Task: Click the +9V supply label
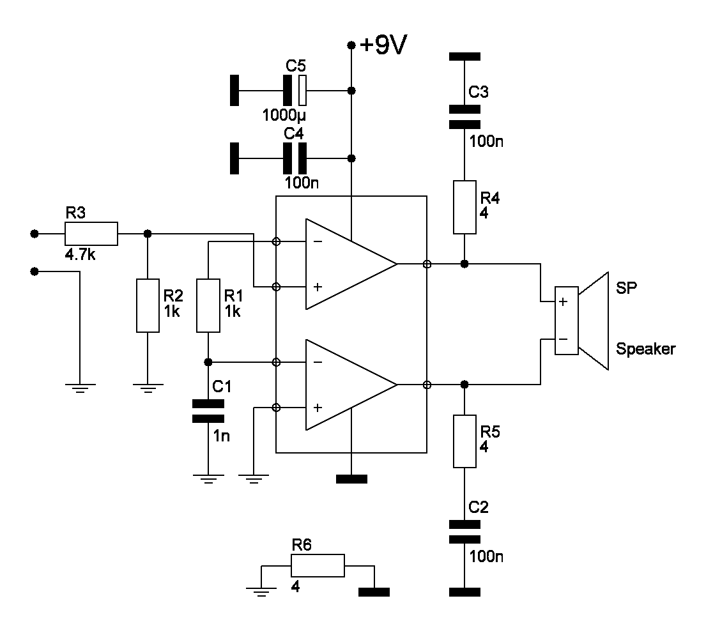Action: (383, 45)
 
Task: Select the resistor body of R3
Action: (91, 234)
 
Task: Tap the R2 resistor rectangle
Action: (148, 305)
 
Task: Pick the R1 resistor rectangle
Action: (208, 305)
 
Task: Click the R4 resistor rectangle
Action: (464, 208)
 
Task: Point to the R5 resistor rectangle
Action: (464, 441)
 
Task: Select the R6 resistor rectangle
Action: (318, 565)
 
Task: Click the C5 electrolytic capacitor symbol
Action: (295, 91)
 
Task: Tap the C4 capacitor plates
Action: (295, 158)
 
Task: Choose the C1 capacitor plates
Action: (208, 411)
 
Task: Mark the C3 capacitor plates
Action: (464, 116)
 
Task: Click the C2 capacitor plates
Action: (464, 531)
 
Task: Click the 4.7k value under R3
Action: (80, 255)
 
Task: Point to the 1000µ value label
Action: (284, 115)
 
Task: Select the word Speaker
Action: (646, 349)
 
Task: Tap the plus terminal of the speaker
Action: (563, 302)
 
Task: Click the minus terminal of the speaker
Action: (563, 339)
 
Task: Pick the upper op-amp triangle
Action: (351, 264)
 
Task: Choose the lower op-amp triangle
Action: (351, 385)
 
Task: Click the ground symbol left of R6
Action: (261, 591)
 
